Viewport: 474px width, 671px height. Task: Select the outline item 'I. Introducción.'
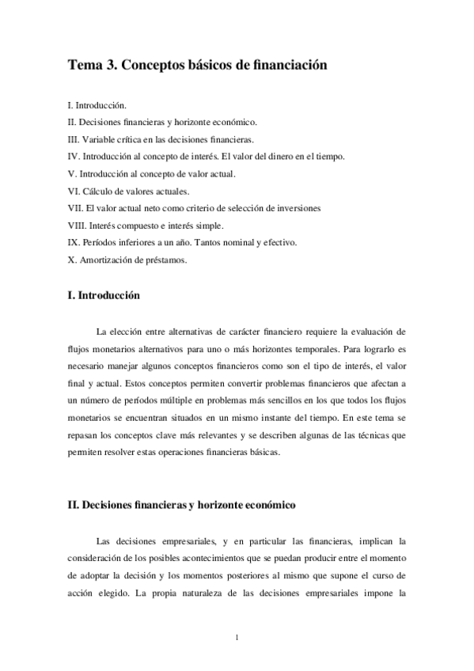click(97, 104)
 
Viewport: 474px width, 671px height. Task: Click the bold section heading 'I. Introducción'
click(104, 296)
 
